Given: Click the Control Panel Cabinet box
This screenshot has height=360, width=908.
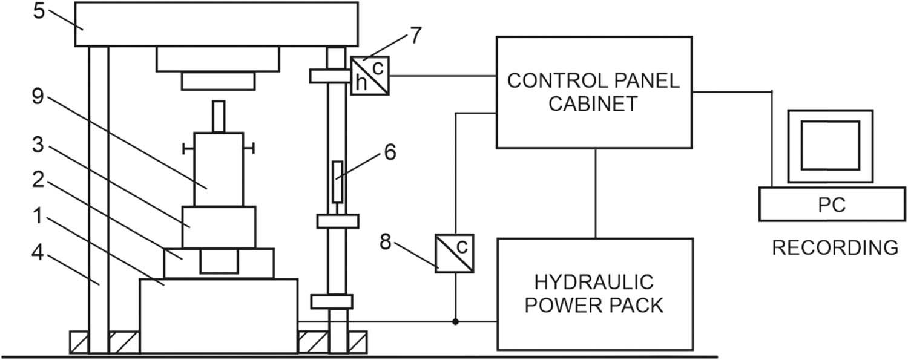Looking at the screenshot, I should pos(594,92).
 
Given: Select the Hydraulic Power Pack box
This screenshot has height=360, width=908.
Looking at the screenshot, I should pos(594,293).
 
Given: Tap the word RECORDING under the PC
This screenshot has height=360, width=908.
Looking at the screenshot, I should pos(834,247).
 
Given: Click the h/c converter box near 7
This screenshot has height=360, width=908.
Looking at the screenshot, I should pos(370,75).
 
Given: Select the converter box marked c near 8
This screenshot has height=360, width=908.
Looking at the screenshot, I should pos(455,253).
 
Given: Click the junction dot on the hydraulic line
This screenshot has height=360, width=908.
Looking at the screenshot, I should pos(455,321).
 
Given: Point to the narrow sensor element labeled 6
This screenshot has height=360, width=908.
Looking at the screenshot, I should pos(338,181).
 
